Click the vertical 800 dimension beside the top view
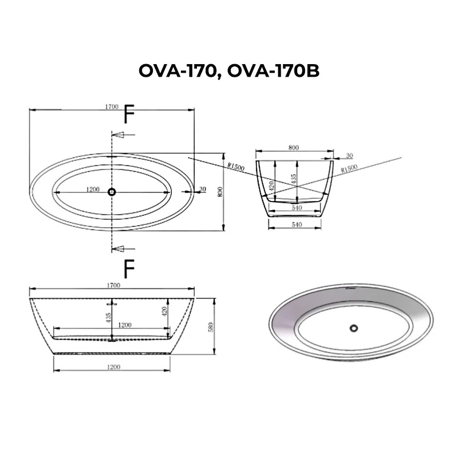pyautogui.click(x=220, y=192)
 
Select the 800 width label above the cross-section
pyautogui.click(x=293, y=148)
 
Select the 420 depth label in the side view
pyautogui.click(x=164, y=311)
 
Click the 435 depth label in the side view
pyautogui.click(x=109, y=318)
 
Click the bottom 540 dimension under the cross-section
pyautogui.click(x=295, y=225)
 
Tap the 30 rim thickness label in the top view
pyautogui.click(x=202, y=189)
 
